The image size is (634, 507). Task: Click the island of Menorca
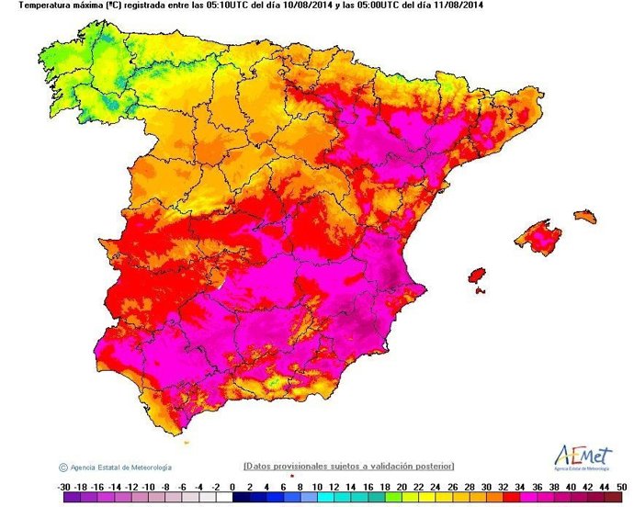click(x=585, y=218)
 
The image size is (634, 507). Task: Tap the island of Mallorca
click(x=538, y=236)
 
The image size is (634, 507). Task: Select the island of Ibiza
click(x=477, y=276)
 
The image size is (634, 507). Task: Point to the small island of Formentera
click(x=480, y=292)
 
